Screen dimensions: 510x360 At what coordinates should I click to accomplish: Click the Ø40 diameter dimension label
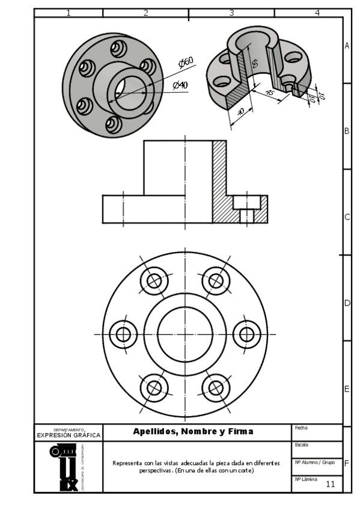click(x=180, y=85)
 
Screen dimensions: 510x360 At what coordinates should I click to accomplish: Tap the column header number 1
click(x=69, y=13)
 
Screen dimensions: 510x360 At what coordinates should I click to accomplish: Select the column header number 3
click(x=231, y=13)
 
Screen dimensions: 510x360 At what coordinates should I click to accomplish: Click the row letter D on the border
click(x=347, y=303)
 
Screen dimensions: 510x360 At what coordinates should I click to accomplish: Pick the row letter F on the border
click(x=347, y=463)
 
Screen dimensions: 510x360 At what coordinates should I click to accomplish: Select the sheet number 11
click(x=330, y=484)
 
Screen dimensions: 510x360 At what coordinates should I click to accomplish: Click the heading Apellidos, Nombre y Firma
click(x=193, y=431)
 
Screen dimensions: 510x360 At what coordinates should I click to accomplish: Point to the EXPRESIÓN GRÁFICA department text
click(x=69, y=435)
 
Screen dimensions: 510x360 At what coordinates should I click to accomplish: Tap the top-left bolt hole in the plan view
click(x=154, y=280)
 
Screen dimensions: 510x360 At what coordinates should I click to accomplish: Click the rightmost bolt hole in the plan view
click(x=246, y=334)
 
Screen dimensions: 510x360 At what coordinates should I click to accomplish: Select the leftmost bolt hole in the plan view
click(x=123, y=334)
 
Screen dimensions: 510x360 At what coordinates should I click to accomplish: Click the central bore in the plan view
click(x=185, y=334)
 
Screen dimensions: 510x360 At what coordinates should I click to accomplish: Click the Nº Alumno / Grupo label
click(x=314, y=462)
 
